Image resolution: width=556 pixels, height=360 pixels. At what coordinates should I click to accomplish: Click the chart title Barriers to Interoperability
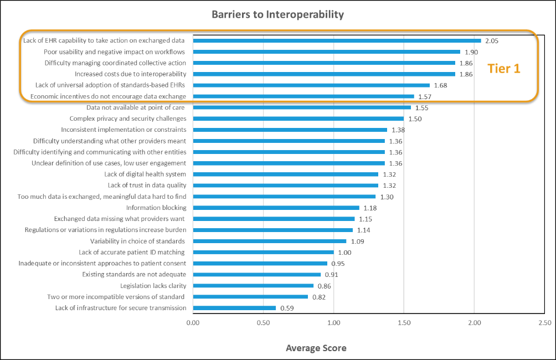point(277,14)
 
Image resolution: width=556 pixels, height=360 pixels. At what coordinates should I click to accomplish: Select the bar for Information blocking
point(276,208)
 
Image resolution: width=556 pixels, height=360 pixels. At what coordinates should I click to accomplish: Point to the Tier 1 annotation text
point(503,69)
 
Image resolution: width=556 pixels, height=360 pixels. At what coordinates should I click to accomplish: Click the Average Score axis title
point(316,348)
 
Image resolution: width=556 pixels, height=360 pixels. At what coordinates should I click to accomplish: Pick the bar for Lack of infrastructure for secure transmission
point(234,308)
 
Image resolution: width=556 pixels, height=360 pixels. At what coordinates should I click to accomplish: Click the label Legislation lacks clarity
point(153,286)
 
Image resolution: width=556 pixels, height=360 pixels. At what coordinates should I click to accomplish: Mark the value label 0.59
point(286,308)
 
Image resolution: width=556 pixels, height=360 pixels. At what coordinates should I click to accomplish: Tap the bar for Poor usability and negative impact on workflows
point(327,52)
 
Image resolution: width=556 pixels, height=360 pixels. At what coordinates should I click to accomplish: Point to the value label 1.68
point(440,85)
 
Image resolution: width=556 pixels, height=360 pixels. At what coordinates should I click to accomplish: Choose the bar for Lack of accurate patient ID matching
point(264,252)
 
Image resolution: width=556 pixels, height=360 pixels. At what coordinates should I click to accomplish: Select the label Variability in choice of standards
point(138,241)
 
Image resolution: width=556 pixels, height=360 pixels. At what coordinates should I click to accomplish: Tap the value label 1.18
point(370,208)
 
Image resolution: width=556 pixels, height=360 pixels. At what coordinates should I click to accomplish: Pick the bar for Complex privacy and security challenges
point(298,119)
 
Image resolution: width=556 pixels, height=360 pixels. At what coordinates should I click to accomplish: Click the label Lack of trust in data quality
point(147,185)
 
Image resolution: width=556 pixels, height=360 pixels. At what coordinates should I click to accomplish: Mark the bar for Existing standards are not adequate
point(257,274)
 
